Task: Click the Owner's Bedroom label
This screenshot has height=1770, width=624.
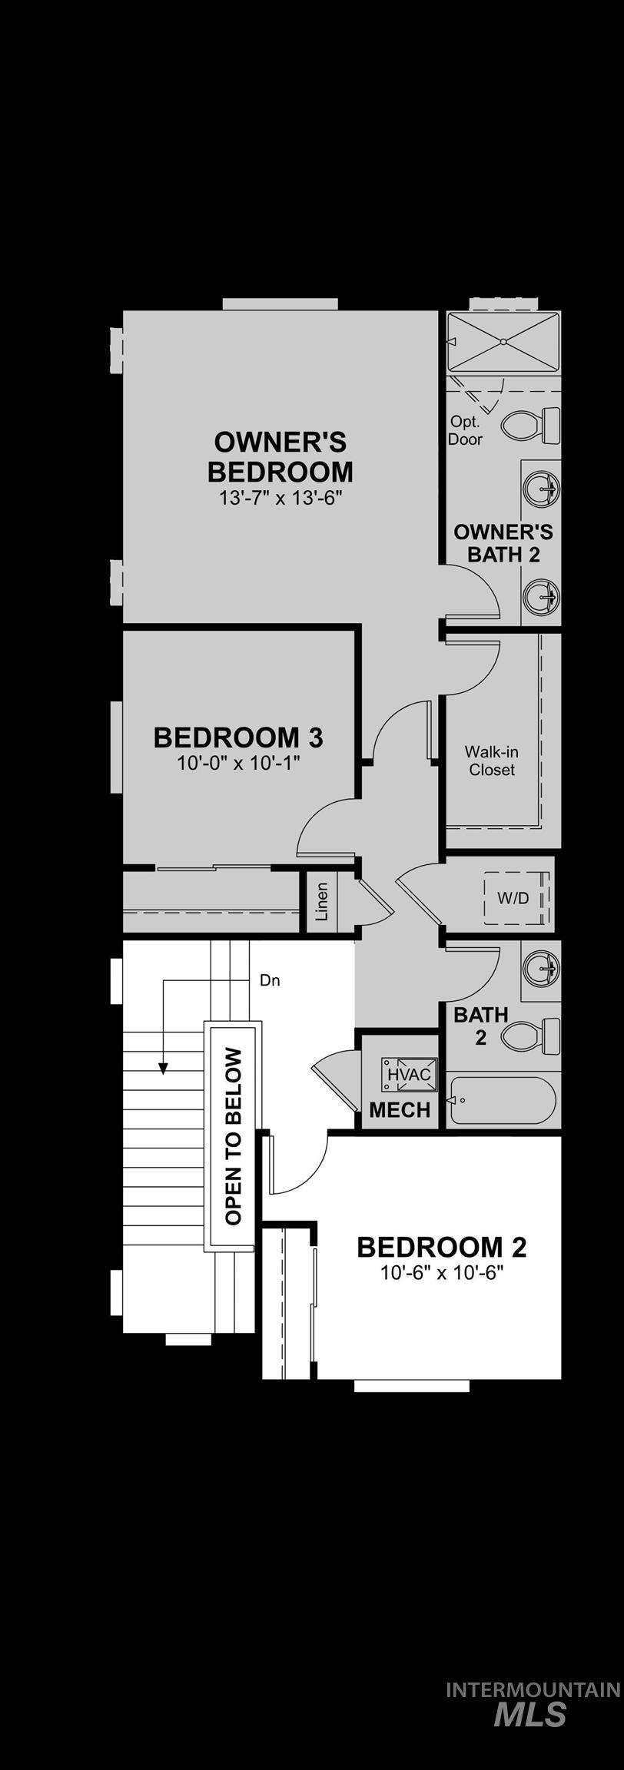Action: [x=280, y=456]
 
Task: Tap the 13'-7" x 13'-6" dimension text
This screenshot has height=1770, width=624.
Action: [x=280, y=498]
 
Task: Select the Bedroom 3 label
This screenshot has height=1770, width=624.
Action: [x=238, y=737]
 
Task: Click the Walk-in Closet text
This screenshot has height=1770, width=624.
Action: [x=492, y=761]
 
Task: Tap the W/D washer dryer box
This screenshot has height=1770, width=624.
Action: [x=513, y=898]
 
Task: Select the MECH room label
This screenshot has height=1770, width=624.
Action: [x=400, y=1109]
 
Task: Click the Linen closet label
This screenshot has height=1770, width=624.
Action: [x=322, y=902]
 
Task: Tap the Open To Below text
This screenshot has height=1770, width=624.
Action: [x=234, y=1137]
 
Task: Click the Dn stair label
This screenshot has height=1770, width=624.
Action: [x=270, y=980]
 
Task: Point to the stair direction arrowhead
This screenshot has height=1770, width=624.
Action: [x=163, y=1068]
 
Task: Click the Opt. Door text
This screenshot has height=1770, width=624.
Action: [x=465, y=430]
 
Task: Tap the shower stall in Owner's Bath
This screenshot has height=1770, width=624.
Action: [x=503, y=341]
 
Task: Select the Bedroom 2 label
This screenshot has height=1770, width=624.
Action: [x=442, y=1247]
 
